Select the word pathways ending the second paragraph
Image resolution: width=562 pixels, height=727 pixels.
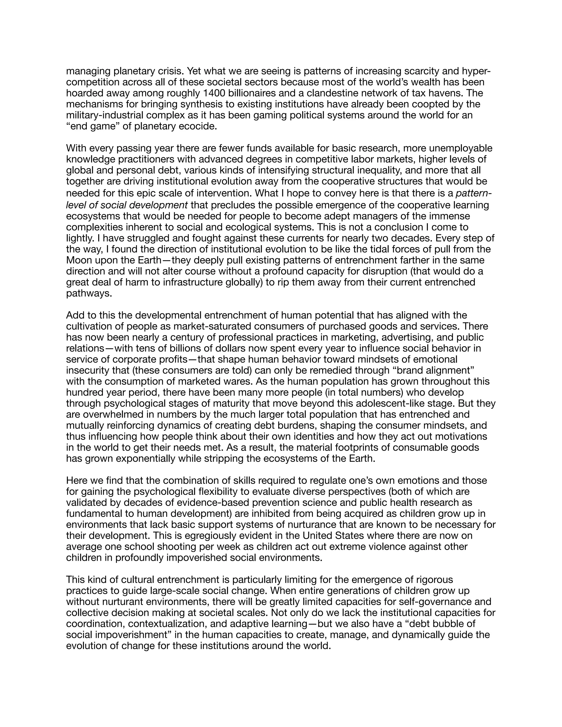point(89,293)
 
